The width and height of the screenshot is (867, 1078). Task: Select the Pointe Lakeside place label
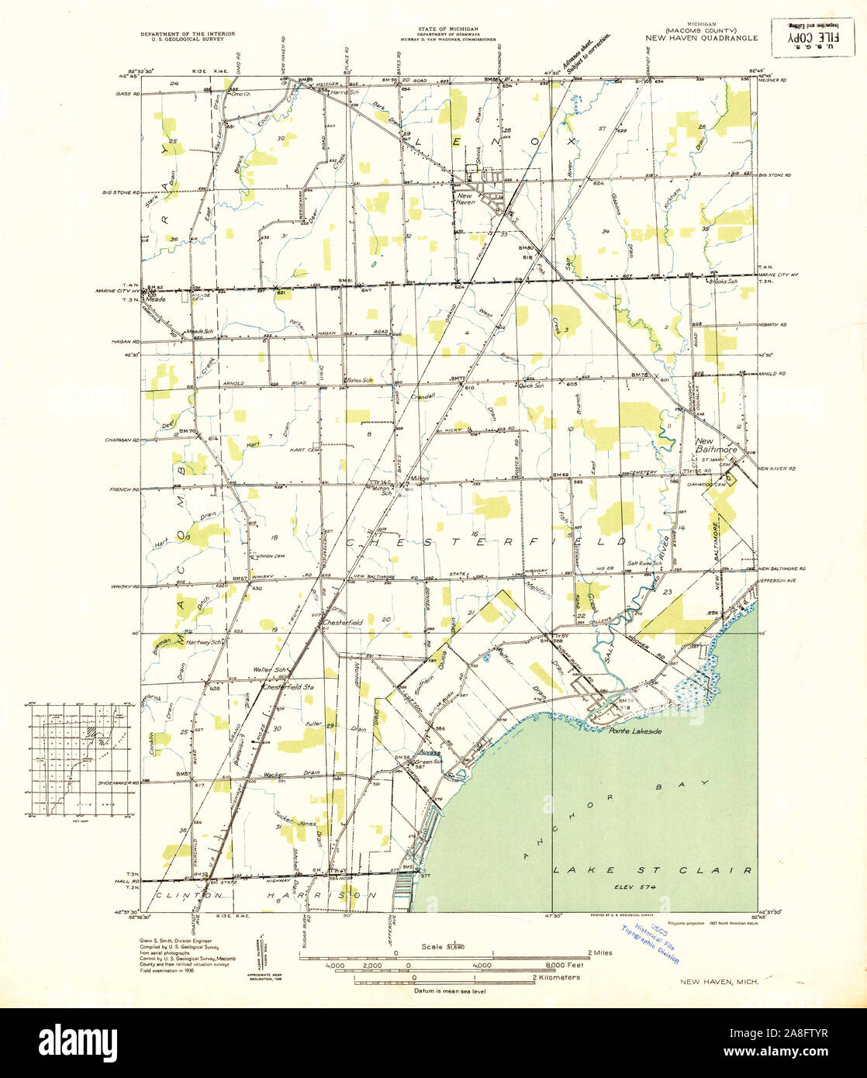pyautogui.click(x=634, y=731)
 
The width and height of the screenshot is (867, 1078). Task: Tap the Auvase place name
pyautogui.click(x=430, y=752)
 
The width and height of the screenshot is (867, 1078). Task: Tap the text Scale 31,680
pyautogui.click(x=443, y=947)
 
